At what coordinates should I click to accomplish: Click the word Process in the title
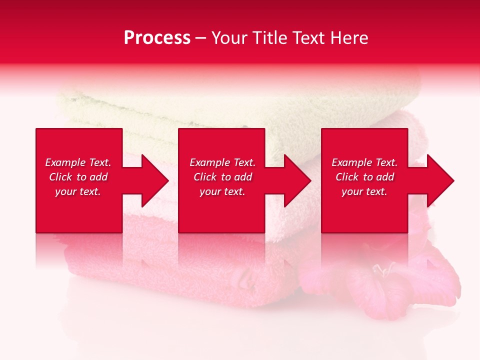coord(157,38)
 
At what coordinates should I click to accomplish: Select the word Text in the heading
coord(308,38)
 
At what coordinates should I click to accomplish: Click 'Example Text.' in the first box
coord(78,162)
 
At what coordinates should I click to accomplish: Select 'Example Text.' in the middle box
coord(222,162)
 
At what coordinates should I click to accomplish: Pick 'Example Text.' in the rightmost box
coord(364,162)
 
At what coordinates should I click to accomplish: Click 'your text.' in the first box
coord(78,191)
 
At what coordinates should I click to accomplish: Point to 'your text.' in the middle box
coord(222,191)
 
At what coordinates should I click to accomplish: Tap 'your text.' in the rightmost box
coord(364,191)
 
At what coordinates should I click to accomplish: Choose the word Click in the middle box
coord(205,177)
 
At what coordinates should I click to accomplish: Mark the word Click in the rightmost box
coord(347,177)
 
